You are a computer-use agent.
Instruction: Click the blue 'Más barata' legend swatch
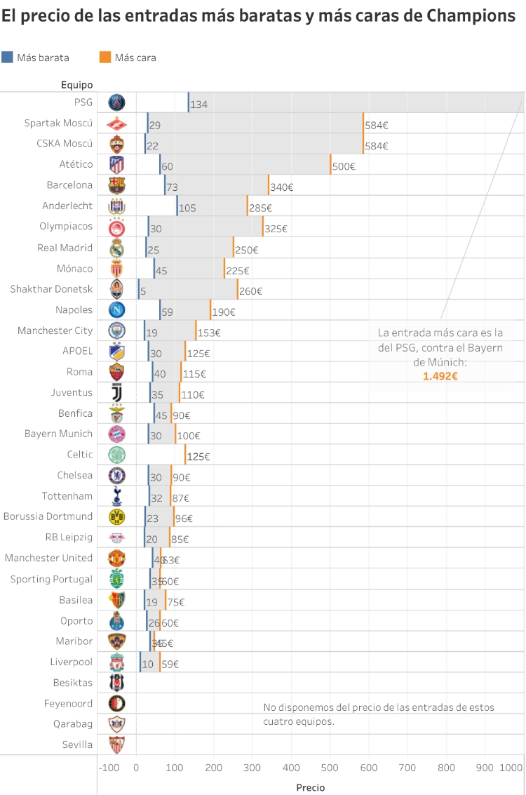[x=7, y=58]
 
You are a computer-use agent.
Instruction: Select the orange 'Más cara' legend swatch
[x=105, y=58]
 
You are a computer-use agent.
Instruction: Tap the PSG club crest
[x=116, y=102]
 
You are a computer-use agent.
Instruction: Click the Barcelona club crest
[x=116, y=185]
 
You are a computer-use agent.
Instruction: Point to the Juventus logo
[x=116, y=393]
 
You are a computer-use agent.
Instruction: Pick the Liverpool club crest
[x=116, y=662]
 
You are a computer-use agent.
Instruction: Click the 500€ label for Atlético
[x=344, y=167]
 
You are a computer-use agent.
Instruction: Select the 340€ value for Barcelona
[x=281, y=187]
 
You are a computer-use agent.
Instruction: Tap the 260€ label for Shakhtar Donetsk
[x=250, y=291]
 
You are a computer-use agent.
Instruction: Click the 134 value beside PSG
[x=199, y=105]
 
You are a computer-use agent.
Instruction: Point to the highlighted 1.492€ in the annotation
[x=440, y=376]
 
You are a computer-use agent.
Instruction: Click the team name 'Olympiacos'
[x=66, y=227]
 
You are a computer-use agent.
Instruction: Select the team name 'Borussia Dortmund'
[x=48, y=516]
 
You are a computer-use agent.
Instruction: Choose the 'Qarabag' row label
[x=72, y=724]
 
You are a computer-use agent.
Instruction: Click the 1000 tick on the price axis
[x=511, y=768]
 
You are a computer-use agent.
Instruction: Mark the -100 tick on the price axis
[x=109, y=768]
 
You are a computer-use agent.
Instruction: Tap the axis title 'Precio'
[x=311, y=787]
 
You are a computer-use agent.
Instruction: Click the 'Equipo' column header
[x=76, y=85]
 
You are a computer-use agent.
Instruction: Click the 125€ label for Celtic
[x=198, y=457]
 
